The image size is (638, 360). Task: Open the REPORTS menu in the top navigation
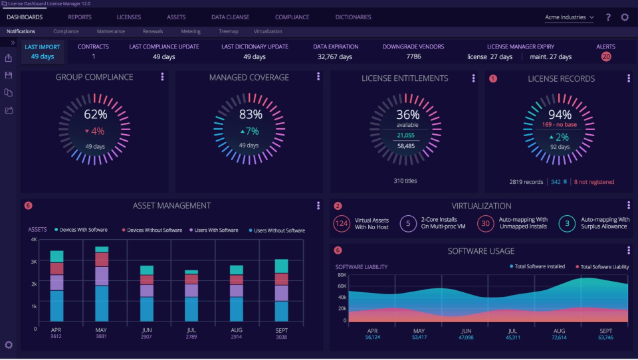[80, 17]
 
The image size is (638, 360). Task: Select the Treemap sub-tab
[229, 31]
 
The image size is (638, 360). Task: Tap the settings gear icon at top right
[625, 17]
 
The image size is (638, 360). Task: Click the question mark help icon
[607, 17]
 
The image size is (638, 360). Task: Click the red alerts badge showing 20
[605, 57]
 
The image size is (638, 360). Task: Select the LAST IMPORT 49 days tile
[43, 52]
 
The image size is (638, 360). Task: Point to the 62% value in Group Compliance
[95, 114]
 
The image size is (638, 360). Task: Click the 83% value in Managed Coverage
[251, 114]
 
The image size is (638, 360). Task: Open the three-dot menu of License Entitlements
[473, 78]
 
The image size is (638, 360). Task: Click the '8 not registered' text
[593, 182]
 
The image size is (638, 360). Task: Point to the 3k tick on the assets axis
[33, 262]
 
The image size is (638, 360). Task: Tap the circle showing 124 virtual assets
[342, 224]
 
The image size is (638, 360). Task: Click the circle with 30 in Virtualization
[485, 224]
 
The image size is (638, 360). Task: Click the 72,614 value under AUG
[559, 337]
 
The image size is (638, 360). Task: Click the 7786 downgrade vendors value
[413, 57]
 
